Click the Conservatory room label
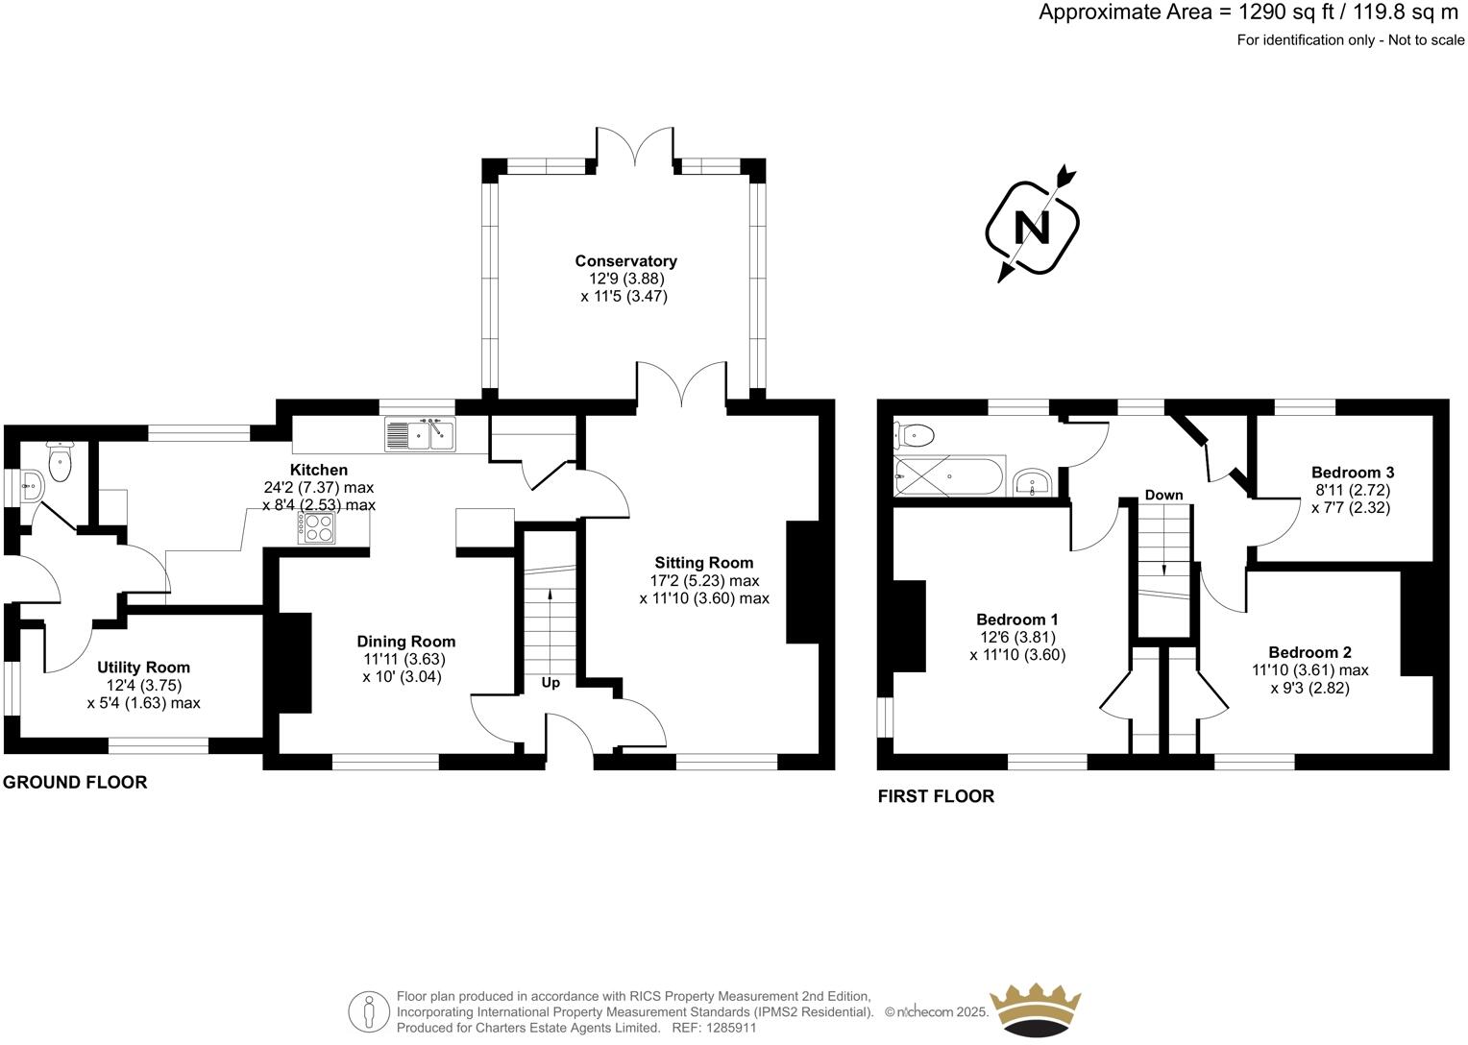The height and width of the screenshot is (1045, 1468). [x=625, y=261]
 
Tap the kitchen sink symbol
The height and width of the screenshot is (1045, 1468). [x=421, y=434]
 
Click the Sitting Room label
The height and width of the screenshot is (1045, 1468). [x=704, y=563]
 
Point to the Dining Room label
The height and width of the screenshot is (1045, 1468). [x=405, y=642]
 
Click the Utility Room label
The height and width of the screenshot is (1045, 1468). [x=143, y=668]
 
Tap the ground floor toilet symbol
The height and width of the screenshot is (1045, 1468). [x=61, y=461]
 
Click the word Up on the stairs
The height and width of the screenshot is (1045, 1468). [x=550, y=683]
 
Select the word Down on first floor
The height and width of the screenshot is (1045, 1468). [x=1163, y=495]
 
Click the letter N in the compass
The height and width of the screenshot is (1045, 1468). [x=1033, y=228]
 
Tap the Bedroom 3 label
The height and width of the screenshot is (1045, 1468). [x=1353, y=473]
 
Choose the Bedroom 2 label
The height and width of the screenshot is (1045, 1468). [x=1309, y=652]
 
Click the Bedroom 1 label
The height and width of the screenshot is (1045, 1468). [x=1017, y=620]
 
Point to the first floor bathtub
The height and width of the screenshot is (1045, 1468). [x=949, y=475]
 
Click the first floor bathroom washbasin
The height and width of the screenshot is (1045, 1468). [x=1032, y=481]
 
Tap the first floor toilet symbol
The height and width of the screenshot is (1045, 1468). [x=914, y=436]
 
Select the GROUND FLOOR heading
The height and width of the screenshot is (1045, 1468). [x=75, y=782]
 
